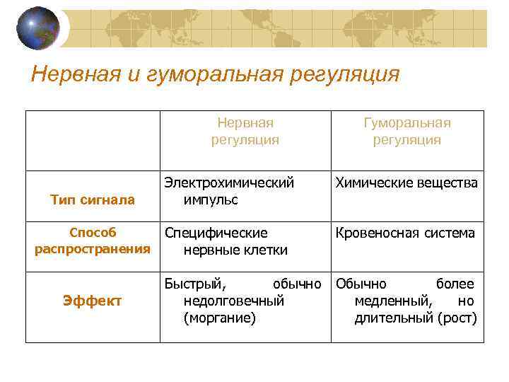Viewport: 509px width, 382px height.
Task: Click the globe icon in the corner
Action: (37, 28)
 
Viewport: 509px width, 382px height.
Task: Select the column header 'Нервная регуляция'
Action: (245, 132)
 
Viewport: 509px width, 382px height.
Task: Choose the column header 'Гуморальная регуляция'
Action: (406, 132)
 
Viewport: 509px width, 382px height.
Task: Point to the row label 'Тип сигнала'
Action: (93, 200)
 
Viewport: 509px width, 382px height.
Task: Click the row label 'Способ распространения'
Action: (93, 241)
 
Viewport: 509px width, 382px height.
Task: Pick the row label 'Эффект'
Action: (93, 301)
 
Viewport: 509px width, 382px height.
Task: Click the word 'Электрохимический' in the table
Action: (229, 183)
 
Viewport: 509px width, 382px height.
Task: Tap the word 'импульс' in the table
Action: (210, 199)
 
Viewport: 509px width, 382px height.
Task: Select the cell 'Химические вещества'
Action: (406, 183)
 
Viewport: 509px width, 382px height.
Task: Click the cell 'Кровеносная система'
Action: (406, 233)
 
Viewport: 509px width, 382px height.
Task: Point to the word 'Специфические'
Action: (216, 233)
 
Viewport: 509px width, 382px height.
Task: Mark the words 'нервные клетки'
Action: (235, 249)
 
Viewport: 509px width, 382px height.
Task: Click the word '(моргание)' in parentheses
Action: (219, 318)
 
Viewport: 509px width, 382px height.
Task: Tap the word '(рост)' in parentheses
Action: (457, 318)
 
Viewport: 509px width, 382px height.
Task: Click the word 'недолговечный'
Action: (233, 301)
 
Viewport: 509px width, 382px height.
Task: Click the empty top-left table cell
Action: (93, 140)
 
